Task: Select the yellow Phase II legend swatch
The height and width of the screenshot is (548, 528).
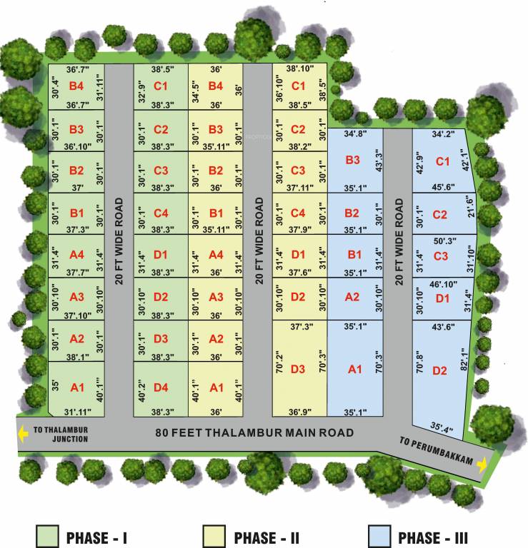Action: tap(214, 536)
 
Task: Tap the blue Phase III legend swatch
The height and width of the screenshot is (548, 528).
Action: tap(379, 536)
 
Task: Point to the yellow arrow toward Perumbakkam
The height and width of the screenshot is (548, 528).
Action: tap(482, 465)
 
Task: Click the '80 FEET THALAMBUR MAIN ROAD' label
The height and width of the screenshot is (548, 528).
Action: tap(255, 432)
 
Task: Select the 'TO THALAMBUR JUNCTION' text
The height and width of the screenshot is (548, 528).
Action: tap(61, 435)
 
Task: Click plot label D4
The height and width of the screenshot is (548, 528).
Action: tap(161, 387)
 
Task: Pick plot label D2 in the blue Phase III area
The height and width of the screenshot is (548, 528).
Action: tap(439, 370)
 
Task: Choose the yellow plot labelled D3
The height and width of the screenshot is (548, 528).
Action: tap(299, 369)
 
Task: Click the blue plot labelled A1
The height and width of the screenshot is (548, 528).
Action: tap(354, 369)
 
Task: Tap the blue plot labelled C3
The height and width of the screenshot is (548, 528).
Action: tap(441, 256)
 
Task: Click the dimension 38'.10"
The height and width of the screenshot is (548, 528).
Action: tap(299, 69)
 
